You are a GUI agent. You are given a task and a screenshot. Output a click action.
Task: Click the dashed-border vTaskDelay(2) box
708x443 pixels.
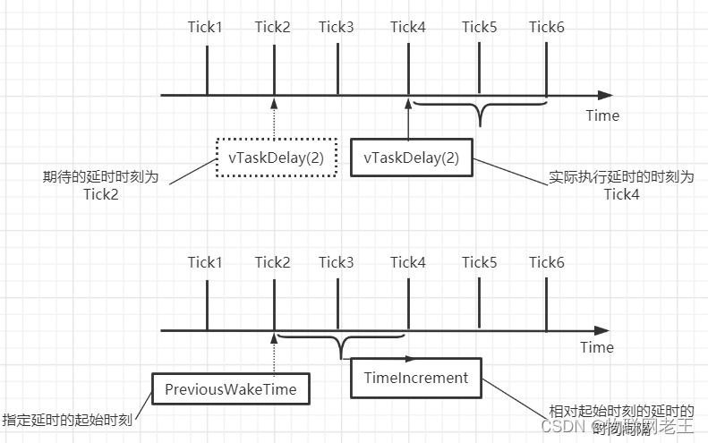point(276,158)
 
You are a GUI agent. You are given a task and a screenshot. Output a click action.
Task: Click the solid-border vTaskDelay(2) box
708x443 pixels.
point(411,158)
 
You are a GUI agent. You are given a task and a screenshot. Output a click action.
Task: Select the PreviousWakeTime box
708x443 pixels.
point(230,389)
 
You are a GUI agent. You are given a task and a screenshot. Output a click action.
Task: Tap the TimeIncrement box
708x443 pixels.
point(415,378)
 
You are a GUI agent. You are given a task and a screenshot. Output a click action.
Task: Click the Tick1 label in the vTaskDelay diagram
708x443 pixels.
point(205,26)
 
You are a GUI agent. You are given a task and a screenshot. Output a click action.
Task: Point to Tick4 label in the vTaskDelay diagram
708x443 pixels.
point(407,26)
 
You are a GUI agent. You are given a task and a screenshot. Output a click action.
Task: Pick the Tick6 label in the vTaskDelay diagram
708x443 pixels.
point(546,26)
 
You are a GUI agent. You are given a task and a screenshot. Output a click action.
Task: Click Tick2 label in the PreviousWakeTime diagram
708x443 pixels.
point(272,262)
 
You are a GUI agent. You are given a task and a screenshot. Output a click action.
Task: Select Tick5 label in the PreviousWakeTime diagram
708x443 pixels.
point(479,262)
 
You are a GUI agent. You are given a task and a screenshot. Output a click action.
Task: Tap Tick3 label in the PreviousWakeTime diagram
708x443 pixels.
point(337,262)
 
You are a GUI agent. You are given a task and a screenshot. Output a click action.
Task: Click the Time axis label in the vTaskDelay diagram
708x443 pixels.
point(602,115)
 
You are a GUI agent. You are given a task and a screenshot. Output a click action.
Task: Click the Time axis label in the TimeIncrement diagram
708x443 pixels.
point(597,347)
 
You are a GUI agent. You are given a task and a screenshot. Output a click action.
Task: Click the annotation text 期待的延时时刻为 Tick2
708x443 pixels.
point(101,186)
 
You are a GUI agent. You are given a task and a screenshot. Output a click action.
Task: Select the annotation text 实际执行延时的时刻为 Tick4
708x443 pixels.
point(621,185)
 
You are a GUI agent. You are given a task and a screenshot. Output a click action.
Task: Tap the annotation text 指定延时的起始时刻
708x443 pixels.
point(67,419)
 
